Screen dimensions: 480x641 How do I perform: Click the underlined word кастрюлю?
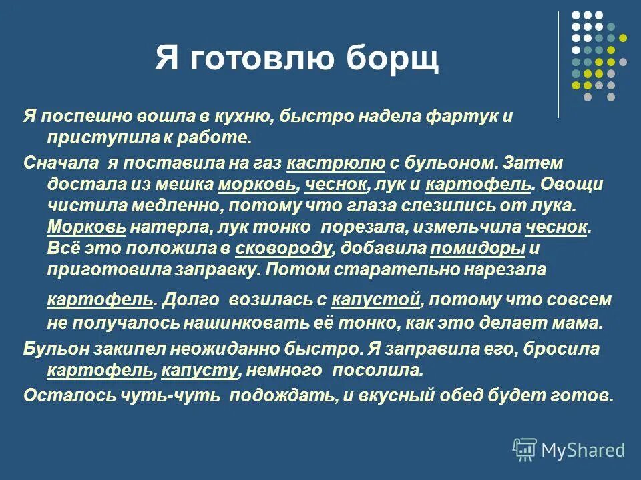[x=336, y=162]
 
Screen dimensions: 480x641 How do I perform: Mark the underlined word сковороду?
[x=284, y=248]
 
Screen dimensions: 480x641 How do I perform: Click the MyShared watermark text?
[x=583, y=450]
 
